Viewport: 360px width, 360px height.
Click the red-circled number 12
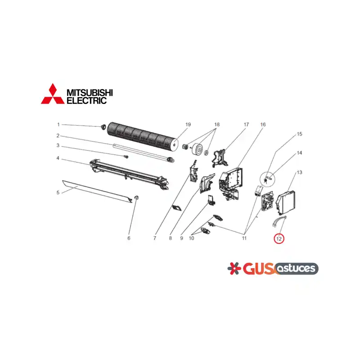tap(279, 239)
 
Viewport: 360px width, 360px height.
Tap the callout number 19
tap(188, 125)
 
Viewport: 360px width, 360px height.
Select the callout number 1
tap(58, 125)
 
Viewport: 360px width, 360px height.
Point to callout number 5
tap(58, 193)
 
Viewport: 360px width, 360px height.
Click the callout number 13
tap(299, 172)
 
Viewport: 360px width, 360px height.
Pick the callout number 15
tap(299, 134)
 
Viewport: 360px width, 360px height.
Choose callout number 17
tap(246, 125)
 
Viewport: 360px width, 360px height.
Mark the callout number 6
tap(129, 238)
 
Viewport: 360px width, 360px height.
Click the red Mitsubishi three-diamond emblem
tap(53, 94)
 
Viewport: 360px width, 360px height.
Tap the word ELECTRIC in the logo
tap(86, 100)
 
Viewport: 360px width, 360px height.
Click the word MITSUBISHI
tap(90, 93)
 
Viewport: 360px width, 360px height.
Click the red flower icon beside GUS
tap(234, 268)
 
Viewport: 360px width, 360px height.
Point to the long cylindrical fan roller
tap(143, 137)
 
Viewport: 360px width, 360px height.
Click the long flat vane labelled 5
tap(97, 192)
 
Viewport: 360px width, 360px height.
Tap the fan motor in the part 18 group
tap(198, 149)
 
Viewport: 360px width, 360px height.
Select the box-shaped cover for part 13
tap(286, 202)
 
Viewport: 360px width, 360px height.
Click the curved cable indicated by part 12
tap(279, 221)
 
